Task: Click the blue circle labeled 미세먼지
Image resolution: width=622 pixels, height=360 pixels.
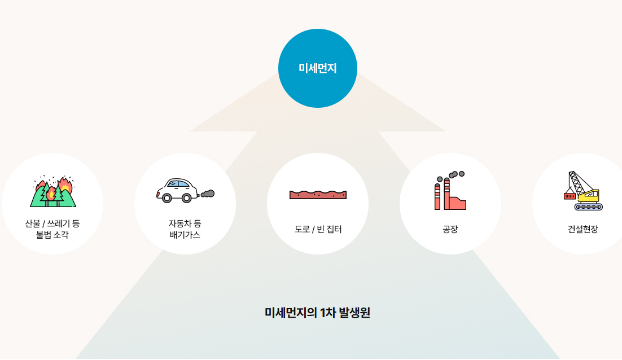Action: (x=317, y=68)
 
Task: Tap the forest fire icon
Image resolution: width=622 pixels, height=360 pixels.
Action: (x=52, y=191)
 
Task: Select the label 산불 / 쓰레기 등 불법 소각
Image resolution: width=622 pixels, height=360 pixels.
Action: (x=52, y=229)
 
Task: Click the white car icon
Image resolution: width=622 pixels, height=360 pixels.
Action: (x=178, y=191)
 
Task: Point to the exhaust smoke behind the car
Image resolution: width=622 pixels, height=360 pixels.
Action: (x=208, y=194)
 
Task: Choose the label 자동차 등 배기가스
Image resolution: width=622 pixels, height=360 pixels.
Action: (x=185, y=229)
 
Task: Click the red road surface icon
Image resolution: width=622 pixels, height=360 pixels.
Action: (x=318, y=195)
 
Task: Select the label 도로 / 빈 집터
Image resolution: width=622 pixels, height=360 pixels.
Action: (x=318, y=229)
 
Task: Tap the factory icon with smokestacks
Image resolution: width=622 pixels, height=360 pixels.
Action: (x=450, y=191)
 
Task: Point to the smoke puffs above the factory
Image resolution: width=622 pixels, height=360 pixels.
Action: (x=456, y=174)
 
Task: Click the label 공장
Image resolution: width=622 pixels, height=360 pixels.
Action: (x=450, y=229)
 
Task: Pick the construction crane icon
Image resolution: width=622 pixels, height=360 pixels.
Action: (x=583, y=191)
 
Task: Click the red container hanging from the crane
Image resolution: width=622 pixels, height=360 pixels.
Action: (x=570, y=196)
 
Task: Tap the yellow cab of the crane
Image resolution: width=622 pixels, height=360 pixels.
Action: (x=589, y=195)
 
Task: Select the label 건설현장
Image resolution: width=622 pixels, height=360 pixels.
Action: (x=582, y=229)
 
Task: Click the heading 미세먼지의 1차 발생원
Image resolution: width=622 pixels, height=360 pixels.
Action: (x=317, y=313)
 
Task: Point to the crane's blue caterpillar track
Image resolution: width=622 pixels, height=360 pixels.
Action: (x=589, y=207)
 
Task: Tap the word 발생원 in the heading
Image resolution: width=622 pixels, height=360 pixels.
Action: (x=354, y=313)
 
